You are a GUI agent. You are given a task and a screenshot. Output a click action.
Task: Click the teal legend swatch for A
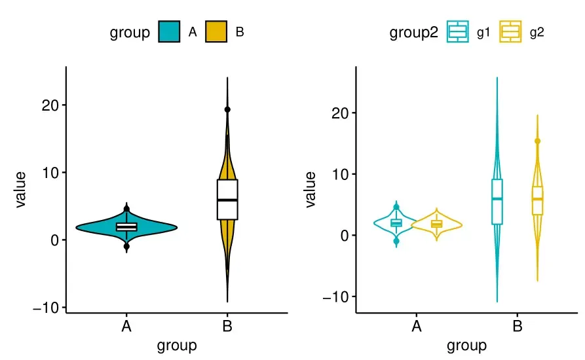[169, 32]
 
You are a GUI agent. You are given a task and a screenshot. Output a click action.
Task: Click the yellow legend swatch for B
[216, 32]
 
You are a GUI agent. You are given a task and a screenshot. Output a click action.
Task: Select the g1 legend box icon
[458, 32]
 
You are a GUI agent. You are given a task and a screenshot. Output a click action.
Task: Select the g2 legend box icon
[511, 32]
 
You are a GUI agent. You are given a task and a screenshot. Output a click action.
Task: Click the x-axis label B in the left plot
[227, 327]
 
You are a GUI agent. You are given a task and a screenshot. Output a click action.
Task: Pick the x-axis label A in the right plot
[416, 327]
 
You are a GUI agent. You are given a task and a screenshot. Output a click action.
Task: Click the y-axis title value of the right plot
[311, 190]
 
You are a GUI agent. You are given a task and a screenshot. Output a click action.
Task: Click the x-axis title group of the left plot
[177, 346]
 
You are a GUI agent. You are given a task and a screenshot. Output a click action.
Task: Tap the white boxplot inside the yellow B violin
[227, 199]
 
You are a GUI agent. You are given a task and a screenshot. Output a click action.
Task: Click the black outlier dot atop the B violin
[227, 110]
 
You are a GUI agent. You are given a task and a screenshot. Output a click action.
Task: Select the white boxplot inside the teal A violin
[126, 227]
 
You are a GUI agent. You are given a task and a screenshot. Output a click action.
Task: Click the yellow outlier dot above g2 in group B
[537, 141]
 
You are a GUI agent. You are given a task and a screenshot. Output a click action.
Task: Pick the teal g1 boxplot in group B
[497, 201]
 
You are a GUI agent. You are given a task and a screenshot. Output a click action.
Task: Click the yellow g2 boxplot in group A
[436, 224]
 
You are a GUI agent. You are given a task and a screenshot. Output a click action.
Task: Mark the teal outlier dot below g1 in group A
[396, 242]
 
